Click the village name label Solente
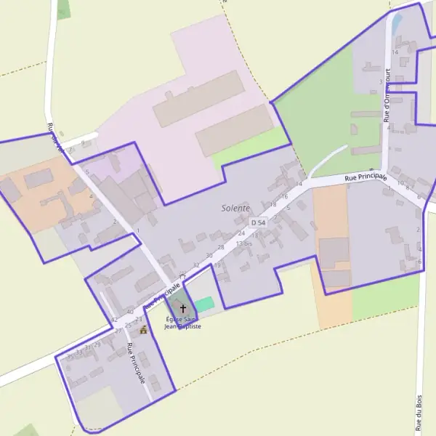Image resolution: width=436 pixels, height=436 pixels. click(x=235, y=209)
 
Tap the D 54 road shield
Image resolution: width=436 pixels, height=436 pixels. click(x=258, y=222)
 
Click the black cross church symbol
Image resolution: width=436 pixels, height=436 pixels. click(x=182, y=308)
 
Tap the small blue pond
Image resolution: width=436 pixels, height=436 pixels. click(x=396, y=24)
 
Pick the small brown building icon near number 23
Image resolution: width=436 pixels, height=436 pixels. click(x=143, y=329)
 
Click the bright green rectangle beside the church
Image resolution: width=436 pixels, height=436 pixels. click(x=205, y=304)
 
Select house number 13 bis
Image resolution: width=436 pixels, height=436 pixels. click(x=243, y=243)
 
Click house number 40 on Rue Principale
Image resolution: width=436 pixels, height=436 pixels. click(x=129, y=312)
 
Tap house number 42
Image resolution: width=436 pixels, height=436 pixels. click(x=114, y=320)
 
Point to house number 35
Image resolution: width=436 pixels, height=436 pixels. click(x=70, y=356)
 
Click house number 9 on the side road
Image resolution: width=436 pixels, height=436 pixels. click(x=83, y=142)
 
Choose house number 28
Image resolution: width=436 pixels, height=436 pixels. click(x=221, y=248)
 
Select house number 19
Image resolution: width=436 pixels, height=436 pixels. click(x=217, y=265)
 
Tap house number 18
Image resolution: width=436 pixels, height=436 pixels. click(x=273, y=205)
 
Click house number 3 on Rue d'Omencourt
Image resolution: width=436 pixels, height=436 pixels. click(x=381, y=82)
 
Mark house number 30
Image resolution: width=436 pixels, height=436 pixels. click(x=209, y=256)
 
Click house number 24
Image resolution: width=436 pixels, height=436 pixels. click(x=241, y=233)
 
